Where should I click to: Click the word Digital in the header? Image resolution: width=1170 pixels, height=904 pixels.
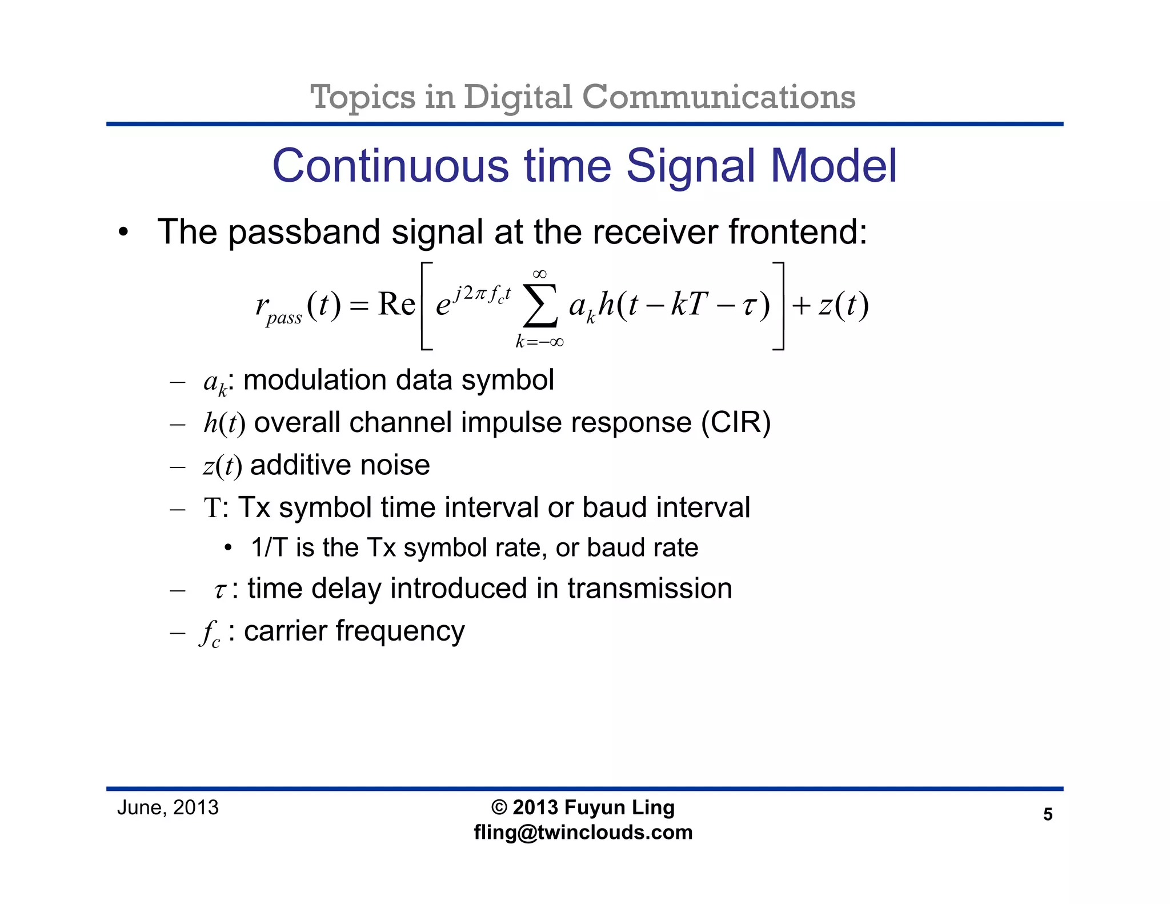[x=517, y=97]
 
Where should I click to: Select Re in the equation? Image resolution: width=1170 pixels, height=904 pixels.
[x=396, y=304]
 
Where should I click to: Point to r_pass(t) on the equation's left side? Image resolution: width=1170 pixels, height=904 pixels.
[x=297, y=307]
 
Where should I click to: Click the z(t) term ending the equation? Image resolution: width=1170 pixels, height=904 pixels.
[x=843, y=305]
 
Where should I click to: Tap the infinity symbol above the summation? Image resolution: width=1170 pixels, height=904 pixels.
[x=539, y=274]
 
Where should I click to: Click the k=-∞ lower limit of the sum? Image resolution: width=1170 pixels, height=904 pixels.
[x=539, y=342]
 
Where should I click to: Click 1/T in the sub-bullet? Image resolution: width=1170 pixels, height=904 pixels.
[x=269, y=547]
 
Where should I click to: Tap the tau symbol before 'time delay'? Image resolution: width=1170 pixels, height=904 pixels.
[x=220, y=590]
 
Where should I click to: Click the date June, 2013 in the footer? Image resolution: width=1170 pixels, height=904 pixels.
[x=168, y=807]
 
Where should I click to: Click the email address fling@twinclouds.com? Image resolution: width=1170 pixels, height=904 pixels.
[x=583, y=833]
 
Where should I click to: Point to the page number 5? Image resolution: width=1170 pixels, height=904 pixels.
[x=1047, y=814]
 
